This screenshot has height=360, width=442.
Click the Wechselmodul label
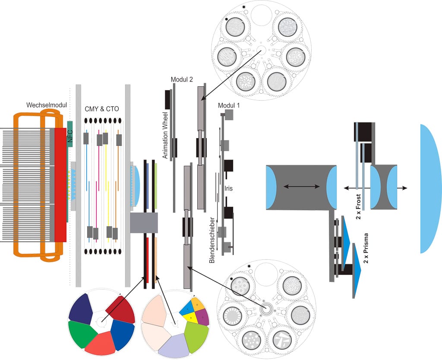tap(44, 105)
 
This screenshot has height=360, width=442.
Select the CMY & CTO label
tap(102, 109)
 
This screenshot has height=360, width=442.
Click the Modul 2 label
tap(182, 79)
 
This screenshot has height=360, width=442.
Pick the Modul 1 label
tap(230, 105)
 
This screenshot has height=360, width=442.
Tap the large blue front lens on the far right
tap(429, 188)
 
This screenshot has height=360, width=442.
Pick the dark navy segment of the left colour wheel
tap(80, 309)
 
